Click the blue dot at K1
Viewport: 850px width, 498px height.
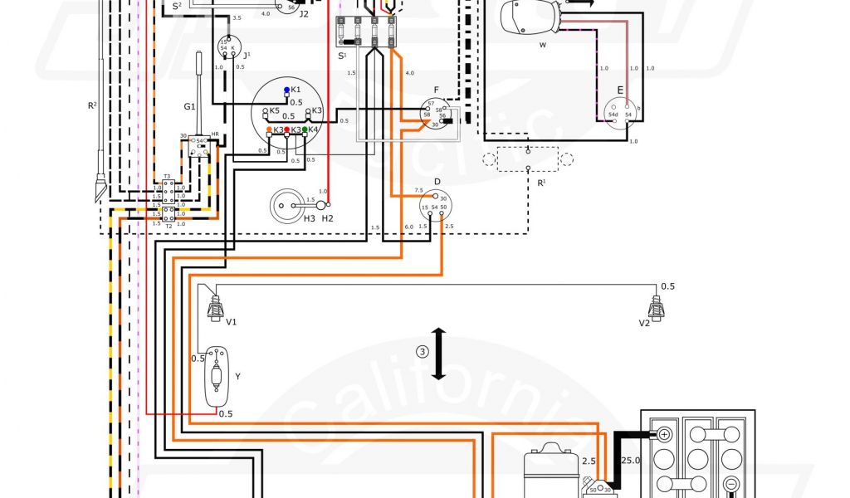point(286,89)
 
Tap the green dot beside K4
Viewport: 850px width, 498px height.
point(305,130)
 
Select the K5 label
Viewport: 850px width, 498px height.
point(275,110)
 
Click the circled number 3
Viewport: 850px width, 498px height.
point(423,351)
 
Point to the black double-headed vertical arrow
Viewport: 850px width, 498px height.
point(439,354)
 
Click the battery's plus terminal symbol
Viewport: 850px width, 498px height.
point(664,434)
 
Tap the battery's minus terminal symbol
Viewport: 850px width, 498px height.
point(732,485)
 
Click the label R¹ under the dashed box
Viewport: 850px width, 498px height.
point(542,182)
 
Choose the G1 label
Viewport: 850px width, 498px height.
point(189,105)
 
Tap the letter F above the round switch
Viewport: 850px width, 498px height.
point(436,89)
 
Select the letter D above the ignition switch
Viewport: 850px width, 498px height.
point(437,181)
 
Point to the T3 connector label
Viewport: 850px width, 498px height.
point(167,177)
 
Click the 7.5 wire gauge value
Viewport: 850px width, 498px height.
point(418,190)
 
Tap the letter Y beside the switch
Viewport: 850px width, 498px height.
point(238,376)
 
